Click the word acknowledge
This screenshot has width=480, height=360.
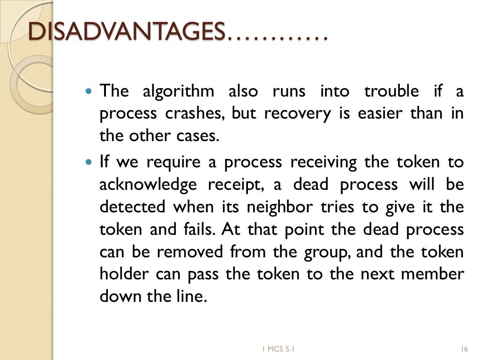click(x=148, y=185)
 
